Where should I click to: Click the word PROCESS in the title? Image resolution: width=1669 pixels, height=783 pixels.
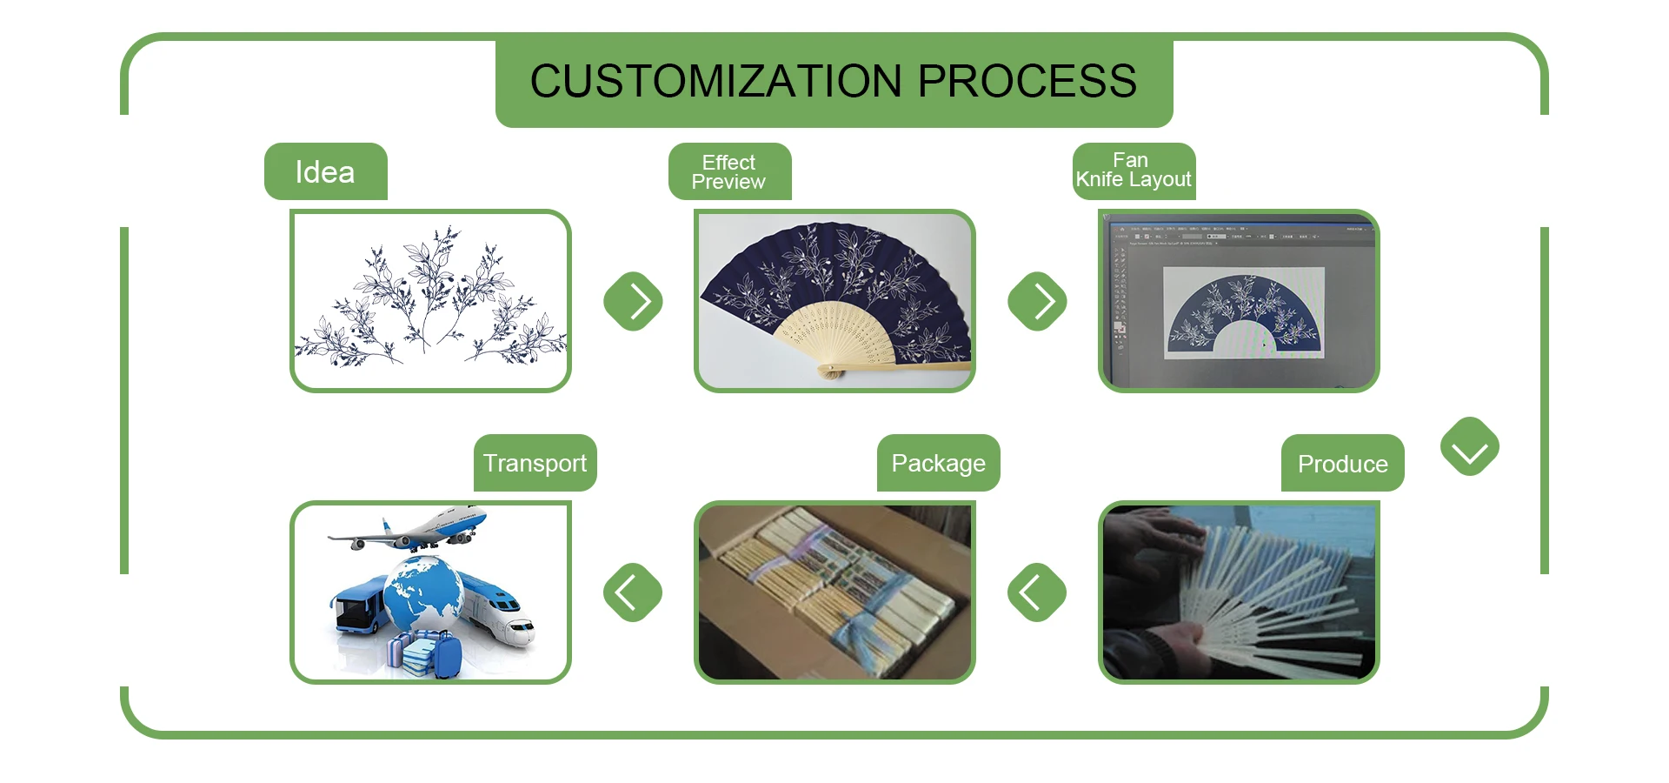point(1027,82)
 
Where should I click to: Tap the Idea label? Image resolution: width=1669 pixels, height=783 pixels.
point(325,172)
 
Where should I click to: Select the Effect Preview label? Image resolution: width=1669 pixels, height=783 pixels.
point(728,172)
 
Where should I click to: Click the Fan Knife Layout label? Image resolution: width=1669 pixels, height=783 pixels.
point(1133,171)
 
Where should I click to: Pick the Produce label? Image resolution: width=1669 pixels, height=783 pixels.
point(1342,464)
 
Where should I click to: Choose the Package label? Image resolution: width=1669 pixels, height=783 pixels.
point(938,463)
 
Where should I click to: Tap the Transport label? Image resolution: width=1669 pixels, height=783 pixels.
point(535,463)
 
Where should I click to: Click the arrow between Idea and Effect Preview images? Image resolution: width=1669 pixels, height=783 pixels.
point(634,301)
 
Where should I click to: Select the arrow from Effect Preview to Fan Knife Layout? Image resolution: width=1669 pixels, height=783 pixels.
point(1037,301)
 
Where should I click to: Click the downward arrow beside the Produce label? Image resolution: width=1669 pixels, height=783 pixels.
point(1469,447)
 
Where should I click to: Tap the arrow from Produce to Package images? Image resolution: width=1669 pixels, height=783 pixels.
point(1036,592)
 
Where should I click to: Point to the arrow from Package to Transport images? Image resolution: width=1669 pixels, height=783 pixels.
point(633,592)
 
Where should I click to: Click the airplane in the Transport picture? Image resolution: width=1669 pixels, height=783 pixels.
point(417,530)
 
